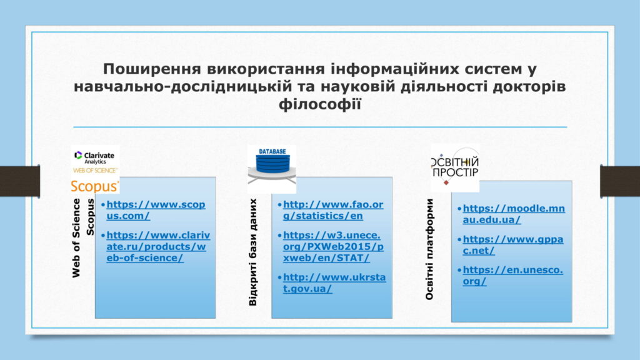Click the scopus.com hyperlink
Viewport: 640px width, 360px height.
click(x=156, y=210)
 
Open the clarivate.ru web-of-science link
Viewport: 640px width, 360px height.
click(x=158, y=246)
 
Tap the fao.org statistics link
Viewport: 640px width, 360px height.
click(x=333, y=210)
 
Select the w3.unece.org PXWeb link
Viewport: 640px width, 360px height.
click(x=333, y=246)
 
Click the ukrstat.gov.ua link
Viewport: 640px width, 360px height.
click(x=334, y=283)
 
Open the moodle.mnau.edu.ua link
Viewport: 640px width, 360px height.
click(x=514, y=214)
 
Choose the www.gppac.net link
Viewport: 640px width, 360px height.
click(x=512, y=244)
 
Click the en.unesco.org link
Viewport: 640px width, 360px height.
click(x=512, y=276)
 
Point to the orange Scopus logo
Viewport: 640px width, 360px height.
click(x=95, y=186)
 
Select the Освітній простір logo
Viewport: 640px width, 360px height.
click(x=455, y=167)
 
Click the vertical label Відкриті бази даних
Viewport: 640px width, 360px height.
click(x=253, y=252)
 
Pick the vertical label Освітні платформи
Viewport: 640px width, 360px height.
click(x=429, y=249)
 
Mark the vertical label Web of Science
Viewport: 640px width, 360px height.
click(x=76, y=238)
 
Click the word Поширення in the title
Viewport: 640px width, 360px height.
click(x=152, y=69)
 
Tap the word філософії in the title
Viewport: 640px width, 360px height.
click(x=320, y=104)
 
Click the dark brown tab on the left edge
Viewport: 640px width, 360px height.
click(x=20, y=181)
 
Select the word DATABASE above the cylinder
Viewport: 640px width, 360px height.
click(x=272, y=151)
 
